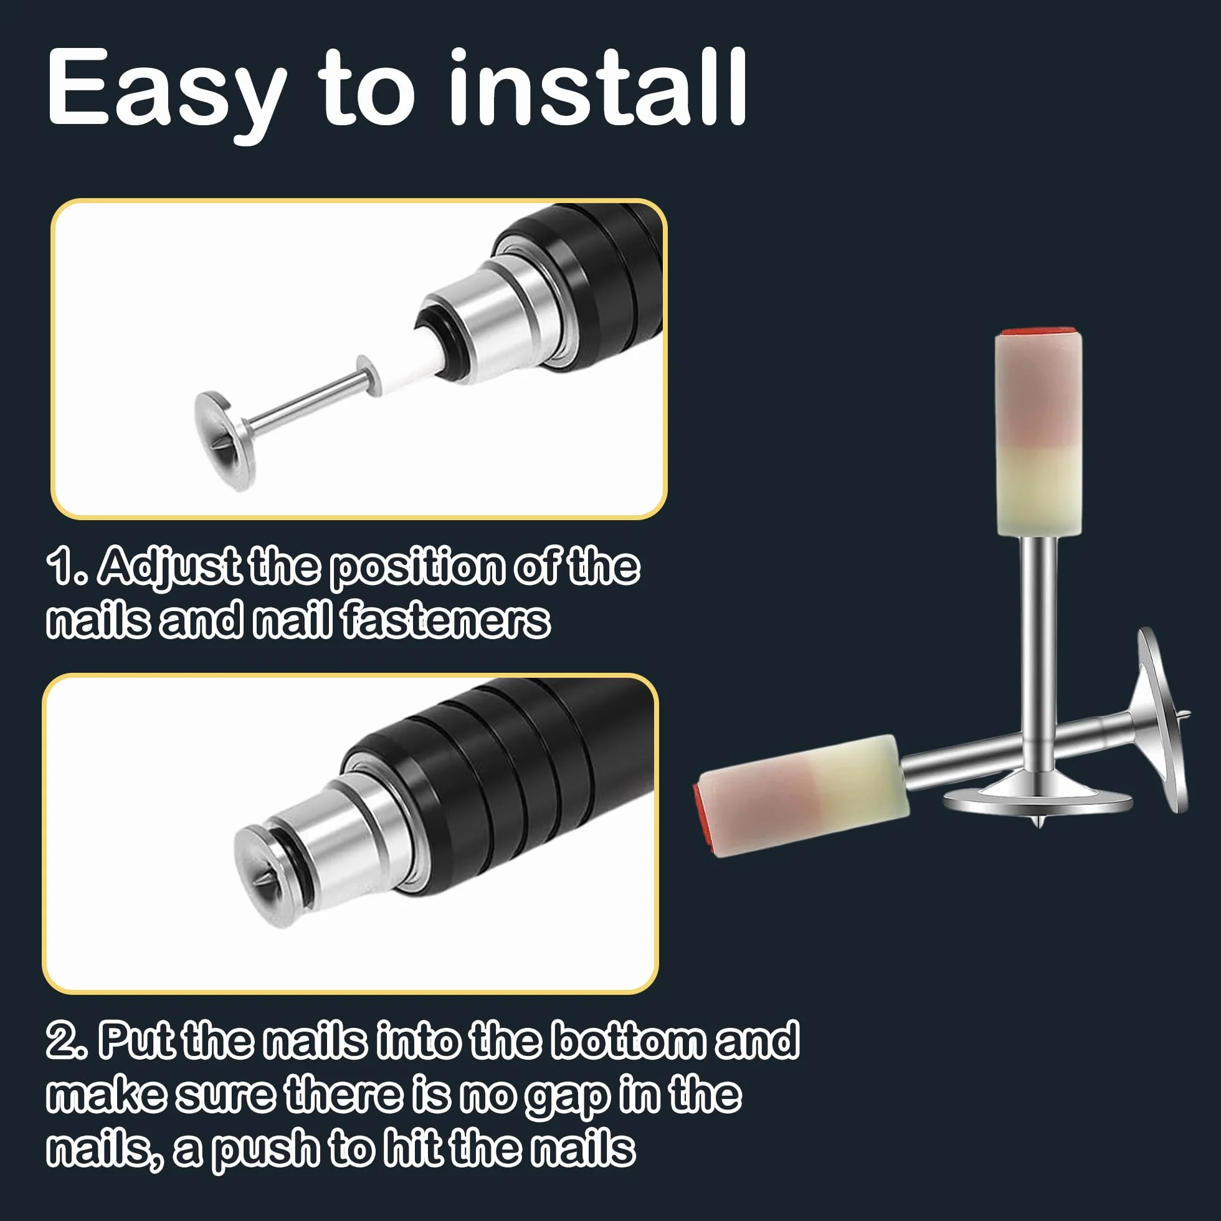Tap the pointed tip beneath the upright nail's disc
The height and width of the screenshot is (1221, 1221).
[x=1037, y=822]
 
